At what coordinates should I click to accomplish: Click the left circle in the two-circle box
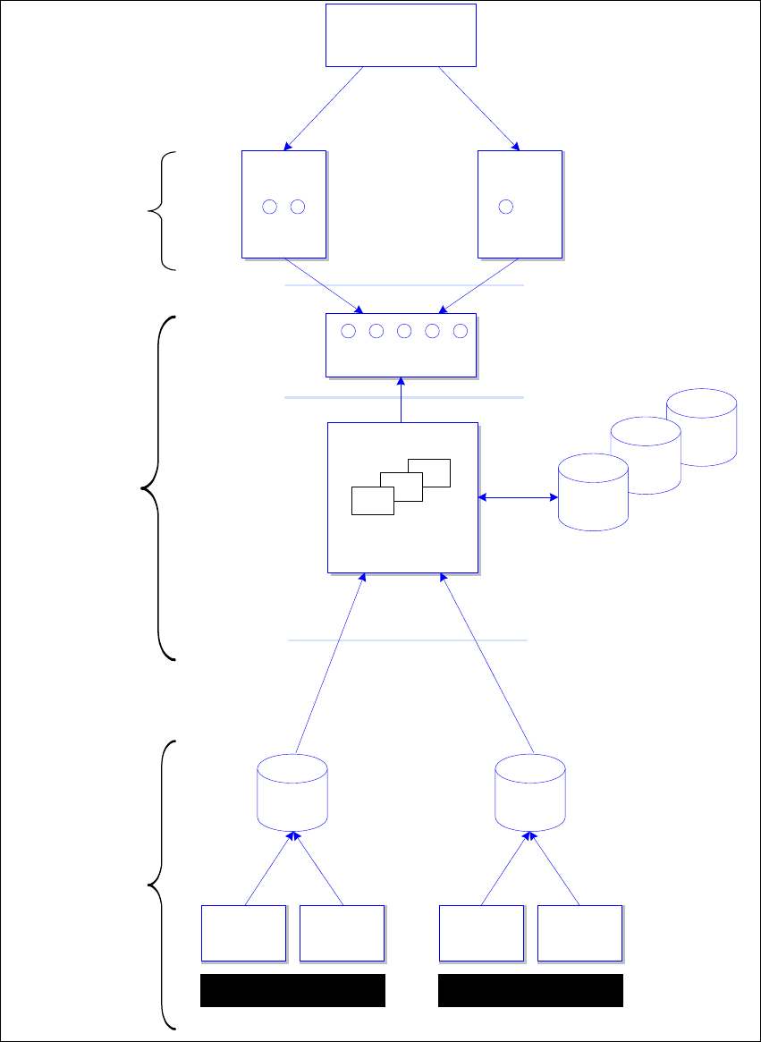click(270, 207)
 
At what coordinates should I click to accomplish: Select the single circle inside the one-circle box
click(505, 207)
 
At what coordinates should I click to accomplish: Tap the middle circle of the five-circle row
click(404, 332)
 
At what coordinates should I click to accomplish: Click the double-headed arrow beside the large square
click(518, 497)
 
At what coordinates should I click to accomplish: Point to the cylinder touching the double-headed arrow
click(593, 494)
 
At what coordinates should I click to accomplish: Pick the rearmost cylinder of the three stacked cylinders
click(702, 427)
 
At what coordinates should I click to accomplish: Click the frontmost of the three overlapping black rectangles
click(372, 501)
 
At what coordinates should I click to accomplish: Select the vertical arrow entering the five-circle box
click(402, 400)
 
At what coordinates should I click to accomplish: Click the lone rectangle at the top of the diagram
click(401, 35)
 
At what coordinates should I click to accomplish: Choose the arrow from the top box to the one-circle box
click(479, 108)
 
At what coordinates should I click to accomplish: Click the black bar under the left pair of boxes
click(292, 991)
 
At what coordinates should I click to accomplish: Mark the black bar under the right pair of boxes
click(530, 991)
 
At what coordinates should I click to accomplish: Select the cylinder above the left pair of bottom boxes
click(292, 791)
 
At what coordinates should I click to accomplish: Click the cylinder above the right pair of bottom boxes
click(531, 791)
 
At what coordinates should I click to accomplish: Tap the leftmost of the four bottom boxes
click(243, 933)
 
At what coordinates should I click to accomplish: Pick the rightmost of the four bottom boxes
click(579, 933)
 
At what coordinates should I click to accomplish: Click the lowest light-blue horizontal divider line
click(408, 640)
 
